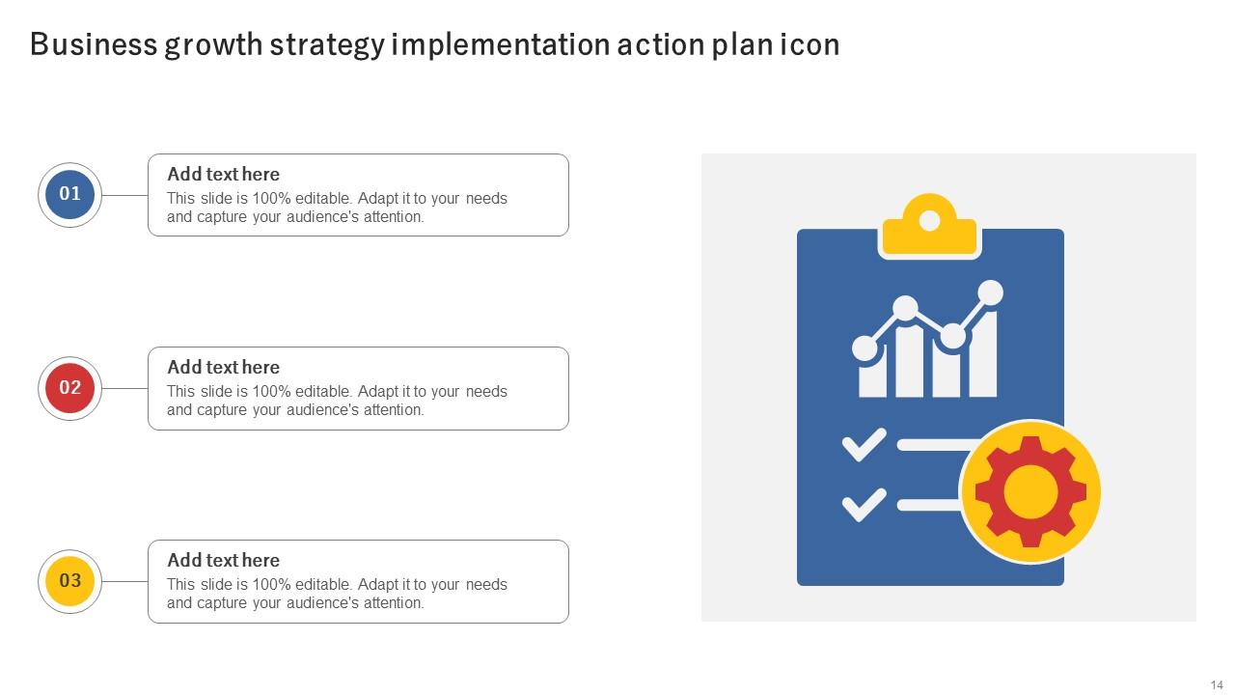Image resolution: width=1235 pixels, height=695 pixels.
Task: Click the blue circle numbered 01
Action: (x=70, y=194)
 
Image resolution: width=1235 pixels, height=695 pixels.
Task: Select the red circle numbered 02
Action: (x=70, y=387)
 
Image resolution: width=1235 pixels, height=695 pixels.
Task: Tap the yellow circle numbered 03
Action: (x=70, y=580)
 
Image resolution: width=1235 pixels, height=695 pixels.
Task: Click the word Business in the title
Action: (x=93, y=44)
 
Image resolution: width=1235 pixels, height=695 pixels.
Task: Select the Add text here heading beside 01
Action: (x=223, y=174)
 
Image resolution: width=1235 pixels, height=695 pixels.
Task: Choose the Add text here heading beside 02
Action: (x=223, y=367)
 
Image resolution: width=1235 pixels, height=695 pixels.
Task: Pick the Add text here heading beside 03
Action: (x=223, y=560)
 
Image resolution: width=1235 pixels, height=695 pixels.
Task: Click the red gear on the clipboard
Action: (x=1030, y=492)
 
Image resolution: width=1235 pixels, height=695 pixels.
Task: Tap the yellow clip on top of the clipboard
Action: (x=929, y=227)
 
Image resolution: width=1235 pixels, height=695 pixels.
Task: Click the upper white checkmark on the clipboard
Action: (x=864, y=445)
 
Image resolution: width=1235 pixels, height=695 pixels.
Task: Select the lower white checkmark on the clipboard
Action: (x=864, y=504)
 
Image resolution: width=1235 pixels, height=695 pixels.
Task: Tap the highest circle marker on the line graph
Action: (x=990, y=292)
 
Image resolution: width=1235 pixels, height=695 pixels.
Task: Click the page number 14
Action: (x=1217, y=684)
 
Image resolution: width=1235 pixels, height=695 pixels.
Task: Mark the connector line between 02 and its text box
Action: (x=124, y=388)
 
